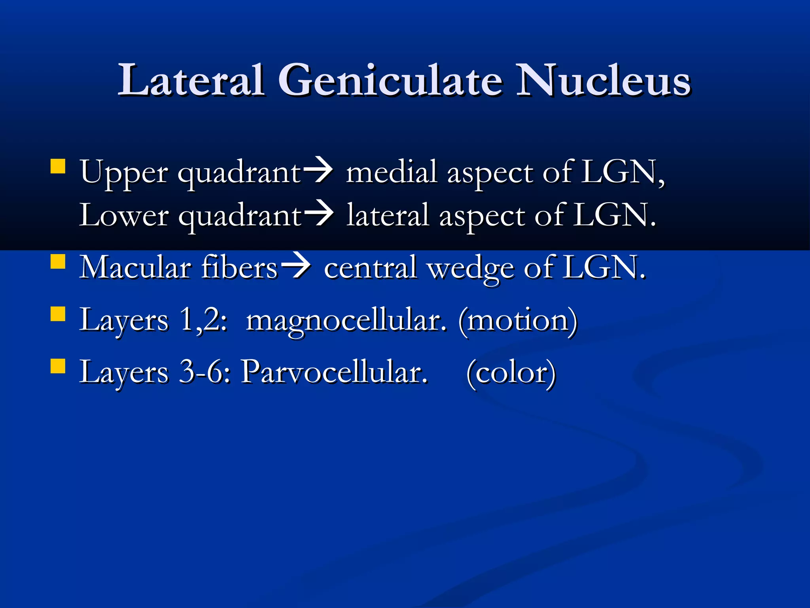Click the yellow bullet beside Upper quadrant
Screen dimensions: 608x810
pos(58,167)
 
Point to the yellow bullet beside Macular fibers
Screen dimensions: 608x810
pos(58,262)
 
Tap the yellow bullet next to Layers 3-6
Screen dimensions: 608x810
pos(58,366)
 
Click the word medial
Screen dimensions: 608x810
pos(391,173)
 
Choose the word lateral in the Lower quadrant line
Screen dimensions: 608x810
pos(388,216)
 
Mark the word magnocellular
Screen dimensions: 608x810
pos(346,321)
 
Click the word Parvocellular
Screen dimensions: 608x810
pos(335,372)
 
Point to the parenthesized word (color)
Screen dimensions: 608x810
pos(511,373)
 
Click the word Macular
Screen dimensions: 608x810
pos(135,268)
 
